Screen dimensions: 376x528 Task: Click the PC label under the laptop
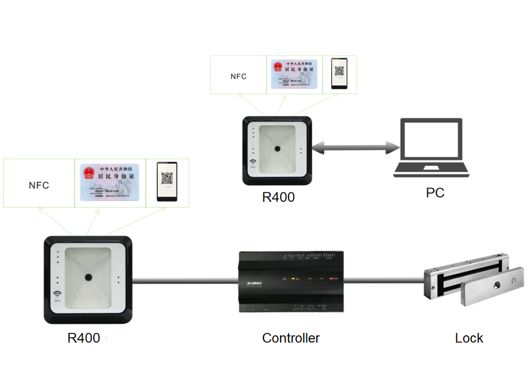(435, 192)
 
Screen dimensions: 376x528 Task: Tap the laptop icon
(432, 148)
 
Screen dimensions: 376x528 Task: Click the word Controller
(290, 338)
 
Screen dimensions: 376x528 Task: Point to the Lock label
(469, 338)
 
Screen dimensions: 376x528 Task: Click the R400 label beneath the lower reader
(84, 338)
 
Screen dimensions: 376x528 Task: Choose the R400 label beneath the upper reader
(278, 197)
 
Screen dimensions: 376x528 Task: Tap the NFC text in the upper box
(239, 76)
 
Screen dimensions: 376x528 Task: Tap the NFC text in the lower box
(38, 185)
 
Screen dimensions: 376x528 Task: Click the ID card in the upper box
(294, 74)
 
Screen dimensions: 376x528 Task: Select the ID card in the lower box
(110, 182)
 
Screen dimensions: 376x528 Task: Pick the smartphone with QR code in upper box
(339, 73)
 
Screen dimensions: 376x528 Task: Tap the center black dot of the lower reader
(88, 278)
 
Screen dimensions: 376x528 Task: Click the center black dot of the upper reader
(278, 149)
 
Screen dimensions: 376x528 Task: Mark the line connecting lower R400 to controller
(185, 281)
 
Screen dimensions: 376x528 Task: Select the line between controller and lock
(383, 281)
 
